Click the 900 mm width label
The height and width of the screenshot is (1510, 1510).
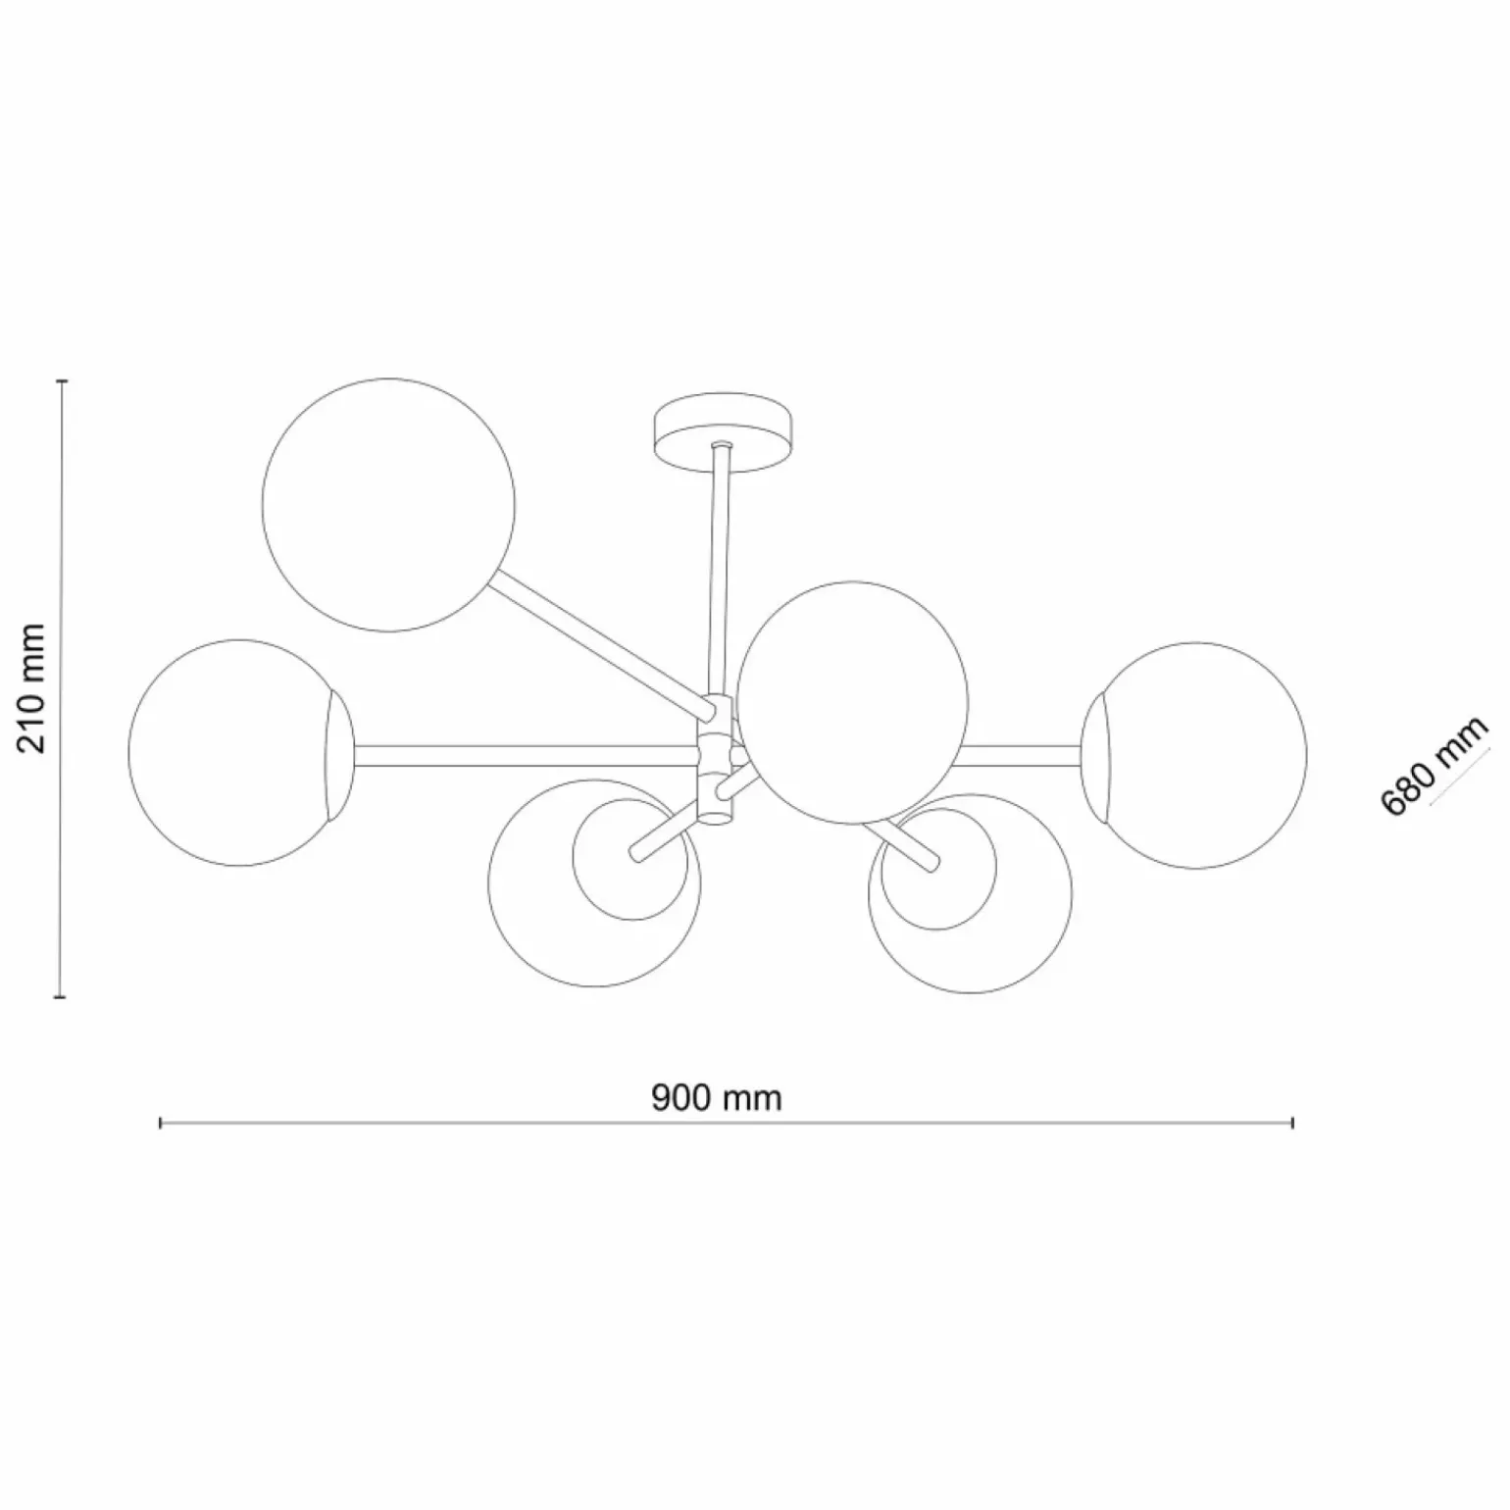pos(717,1097)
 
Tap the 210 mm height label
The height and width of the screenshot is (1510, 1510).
pos(34,687)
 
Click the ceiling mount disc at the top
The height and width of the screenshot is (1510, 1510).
pos(724,432)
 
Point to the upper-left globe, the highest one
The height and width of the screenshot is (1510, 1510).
pos(389,505)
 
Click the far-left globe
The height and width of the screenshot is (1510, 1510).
pos(241,753)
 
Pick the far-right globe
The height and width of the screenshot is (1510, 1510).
pos(1194,755)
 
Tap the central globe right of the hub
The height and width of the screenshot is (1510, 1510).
pos(852,702)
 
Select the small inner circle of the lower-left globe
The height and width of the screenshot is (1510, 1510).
pos(633,859)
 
